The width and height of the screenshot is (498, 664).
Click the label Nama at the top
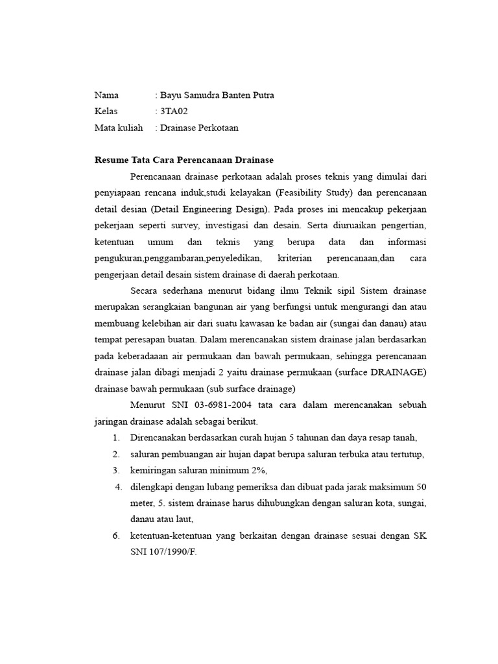(x=106, y=95)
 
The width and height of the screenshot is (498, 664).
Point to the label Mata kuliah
(x=119, y=128)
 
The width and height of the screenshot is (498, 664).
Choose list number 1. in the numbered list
(x=116, y=438)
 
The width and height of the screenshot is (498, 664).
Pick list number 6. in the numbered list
(x=116, y=536)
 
